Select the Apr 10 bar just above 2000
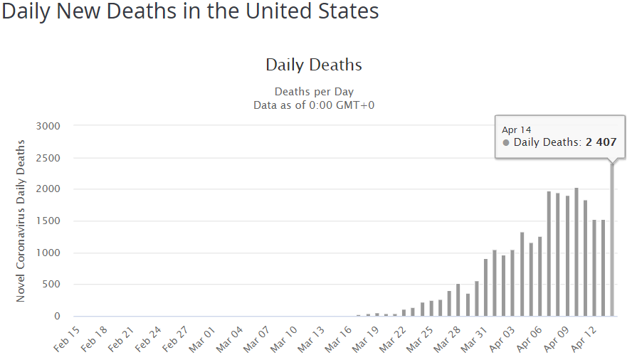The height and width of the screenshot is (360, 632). pyautogui.click(x=576, y=253)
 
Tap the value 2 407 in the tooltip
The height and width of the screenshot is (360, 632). pyautogui.click(x=601, y=142)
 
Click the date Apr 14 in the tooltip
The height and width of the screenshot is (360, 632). pyautogui.click(x=517, y=129)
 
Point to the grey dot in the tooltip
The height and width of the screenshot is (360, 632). pyautogui.click(x=506, y=142)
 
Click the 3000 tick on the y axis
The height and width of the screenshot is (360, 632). pyautogui.click(x=48, y=126)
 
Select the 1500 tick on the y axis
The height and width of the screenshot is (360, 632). pyautogui.click(x=48, y=221)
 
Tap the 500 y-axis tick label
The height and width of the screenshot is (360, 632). pyautogui.click(x=51, y=285)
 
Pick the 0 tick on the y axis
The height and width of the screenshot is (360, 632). pyautogui.click(x=57, y=316)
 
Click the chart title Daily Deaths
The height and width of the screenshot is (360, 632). pyautogui.click(x=314, y=65)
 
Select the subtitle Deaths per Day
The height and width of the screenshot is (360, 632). pyautogui.click(x=314, y=92)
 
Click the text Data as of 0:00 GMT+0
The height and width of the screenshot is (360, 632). pyautogui.click(x=314, y=105)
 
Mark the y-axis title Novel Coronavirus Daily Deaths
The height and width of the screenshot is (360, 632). pyautogui.click(x=21, y=221)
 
